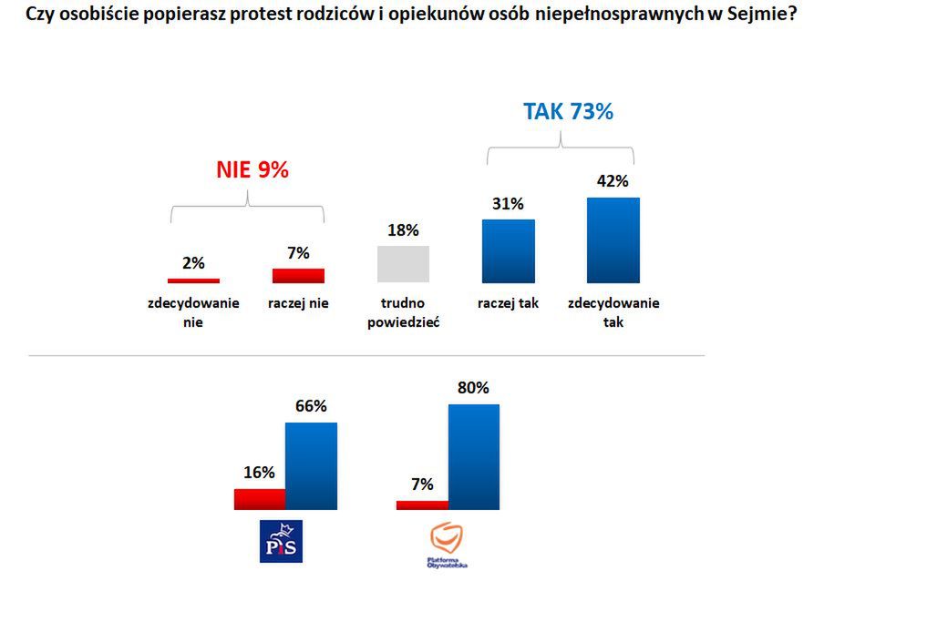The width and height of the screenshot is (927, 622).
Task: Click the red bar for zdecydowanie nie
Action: [193, 280]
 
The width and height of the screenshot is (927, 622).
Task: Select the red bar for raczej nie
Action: [298, 276]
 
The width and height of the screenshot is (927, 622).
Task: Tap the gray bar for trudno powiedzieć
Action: [403, 264]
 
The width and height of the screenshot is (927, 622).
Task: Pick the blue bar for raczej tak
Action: [508, 251]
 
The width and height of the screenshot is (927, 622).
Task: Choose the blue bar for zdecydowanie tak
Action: [613, 240]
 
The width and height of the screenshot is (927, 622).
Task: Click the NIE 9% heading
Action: [252, 169]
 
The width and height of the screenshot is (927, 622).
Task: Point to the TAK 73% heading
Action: [568, 112]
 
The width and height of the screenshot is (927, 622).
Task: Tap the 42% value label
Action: [613, 181]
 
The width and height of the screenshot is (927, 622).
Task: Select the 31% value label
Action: [508, 204]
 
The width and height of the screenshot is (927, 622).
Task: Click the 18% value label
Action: [403, 230]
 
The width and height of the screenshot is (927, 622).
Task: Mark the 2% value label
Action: [193, 263]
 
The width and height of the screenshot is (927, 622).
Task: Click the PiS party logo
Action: [281, 541]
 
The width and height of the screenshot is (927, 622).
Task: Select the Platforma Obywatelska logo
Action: [447, 546]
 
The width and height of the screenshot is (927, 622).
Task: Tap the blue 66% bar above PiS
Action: [312, 466]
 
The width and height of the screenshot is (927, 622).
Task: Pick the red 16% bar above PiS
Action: [260, 499]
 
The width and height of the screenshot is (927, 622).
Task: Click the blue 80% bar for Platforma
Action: [473, 457]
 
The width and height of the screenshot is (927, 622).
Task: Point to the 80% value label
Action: [473, 388]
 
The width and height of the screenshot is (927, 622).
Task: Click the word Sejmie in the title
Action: [752, 15]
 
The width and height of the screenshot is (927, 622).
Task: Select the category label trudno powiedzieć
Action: [403, 312]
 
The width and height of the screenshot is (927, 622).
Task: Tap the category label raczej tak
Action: [508, 303]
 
